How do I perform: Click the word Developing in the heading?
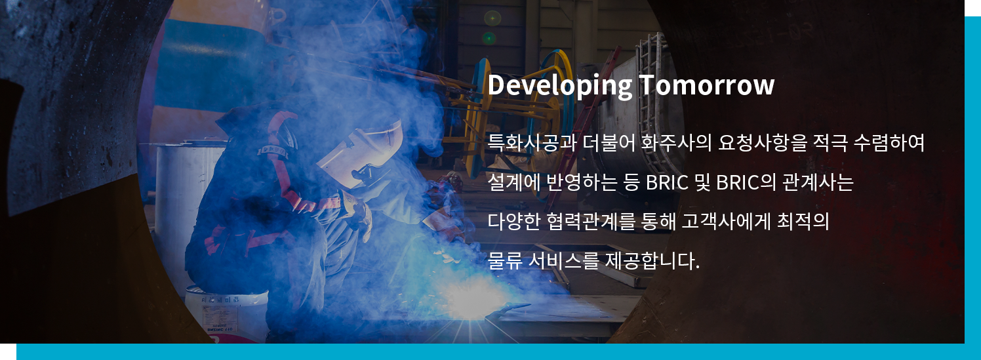coord(560,85)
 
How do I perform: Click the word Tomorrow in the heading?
coord(706,85)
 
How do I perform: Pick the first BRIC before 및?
coord(667,182)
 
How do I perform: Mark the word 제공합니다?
coord(652,260)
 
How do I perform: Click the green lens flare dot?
coord(489,39)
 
